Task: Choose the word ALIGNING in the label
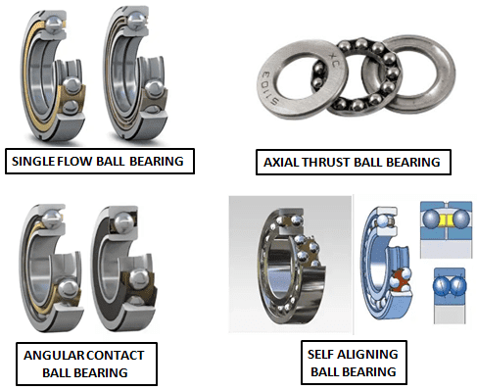coord(364,354)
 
